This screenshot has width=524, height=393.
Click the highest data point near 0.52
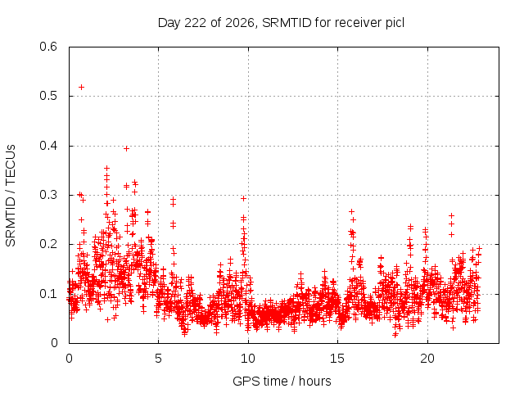[x=81, y=88]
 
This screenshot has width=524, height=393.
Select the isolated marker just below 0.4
[x=126, y=149]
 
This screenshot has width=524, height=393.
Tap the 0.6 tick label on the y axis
[x=48, y=47]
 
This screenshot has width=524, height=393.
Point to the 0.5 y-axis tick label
[x=48, y=97]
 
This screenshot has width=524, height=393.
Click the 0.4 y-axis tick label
[x=48, y=146]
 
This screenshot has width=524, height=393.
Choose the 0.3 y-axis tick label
[x=48, y=195]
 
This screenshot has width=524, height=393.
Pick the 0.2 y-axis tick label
[x=48, y=244]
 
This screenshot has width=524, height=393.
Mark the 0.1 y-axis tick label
[x=48, y=294]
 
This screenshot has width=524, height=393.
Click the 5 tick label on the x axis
[x=158, y=359]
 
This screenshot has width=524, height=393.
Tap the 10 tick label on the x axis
[x=248, y=359]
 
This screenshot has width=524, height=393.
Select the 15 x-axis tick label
[x=337, y=359]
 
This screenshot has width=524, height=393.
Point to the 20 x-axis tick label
[x=427, y=359]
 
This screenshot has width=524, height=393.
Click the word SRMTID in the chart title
[x=287, y=23]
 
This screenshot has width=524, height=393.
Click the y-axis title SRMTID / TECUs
[x=11, y=196]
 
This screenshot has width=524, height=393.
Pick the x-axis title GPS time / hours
[x=282, y=381]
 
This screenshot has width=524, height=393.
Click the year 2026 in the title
[x=240, y=23]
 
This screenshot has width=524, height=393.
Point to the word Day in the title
[x=169, y=23]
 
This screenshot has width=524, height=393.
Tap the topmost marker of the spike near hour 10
[x=244, y=198]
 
